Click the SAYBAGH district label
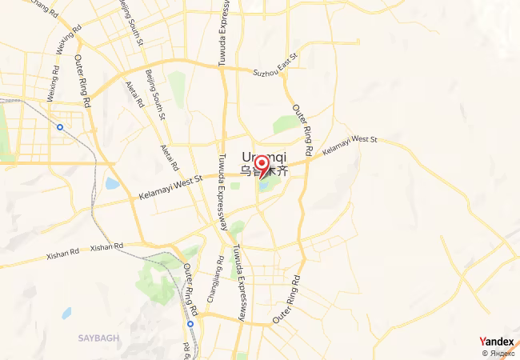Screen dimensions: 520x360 98,338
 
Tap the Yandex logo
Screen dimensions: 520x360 496,342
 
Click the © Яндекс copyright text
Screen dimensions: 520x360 498,353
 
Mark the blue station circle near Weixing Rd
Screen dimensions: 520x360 60,126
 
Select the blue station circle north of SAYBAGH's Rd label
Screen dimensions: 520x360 190,325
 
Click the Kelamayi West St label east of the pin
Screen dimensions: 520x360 349,145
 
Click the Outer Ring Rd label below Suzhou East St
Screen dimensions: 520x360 302,130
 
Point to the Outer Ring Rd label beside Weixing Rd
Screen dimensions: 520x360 83,82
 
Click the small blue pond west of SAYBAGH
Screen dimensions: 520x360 65,313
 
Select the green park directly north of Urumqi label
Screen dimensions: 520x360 285,125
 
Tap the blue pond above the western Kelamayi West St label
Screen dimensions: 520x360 113,184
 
